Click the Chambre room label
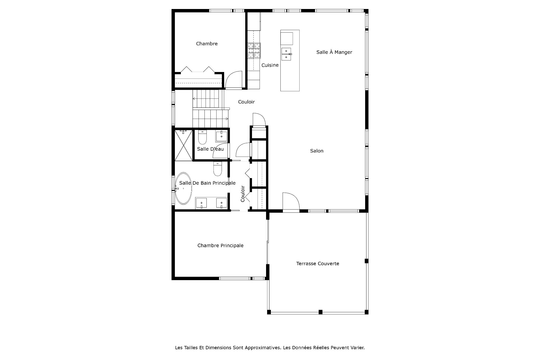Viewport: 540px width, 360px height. click(x=207, y=44)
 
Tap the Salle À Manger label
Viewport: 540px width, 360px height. click(x=334, y=52)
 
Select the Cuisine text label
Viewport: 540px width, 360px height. click(x=270, y=65)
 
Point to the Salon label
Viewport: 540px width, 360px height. click(x=317, y=151)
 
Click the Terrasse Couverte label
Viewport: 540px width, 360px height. click(x=318, y=264)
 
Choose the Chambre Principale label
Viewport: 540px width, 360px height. click(x=220, y=246)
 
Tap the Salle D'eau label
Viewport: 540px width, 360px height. click(x=210, y=149)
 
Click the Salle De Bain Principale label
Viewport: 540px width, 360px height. click(x=207, y=183)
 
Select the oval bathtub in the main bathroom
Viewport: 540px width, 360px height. click(x=184, y=188)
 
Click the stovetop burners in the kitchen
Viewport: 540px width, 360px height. click(x=254, y=51)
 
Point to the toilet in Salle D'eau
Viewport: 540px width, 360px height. click(x=202, y=137)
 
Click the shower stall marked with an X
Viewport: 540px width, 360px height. click(x=183, y=145)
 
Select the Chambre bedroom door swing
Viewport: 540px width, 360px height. click(x=234, y=80)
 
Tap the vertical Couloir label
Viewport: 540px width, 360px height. click(x=243, y=194)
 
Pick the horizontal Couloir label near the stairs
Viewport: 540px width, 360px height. click(x=246, y=102)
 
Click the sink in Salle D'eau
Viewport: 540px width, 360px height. click(x=222, y=136)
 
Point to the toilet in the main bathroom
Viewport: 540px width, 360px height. click(x=218, y=169)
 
